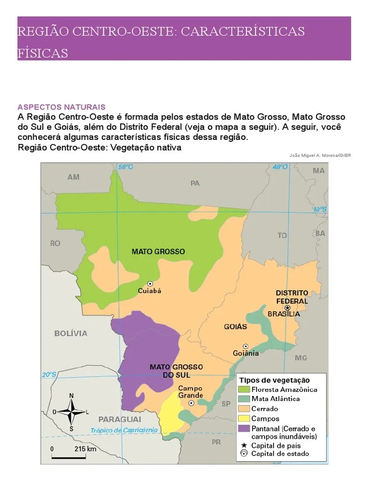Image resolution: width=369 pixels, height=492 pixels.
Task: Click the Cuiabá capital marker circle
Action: click(150, 283)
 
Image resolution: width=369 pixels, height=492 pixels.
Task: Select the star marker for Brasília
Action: click(287, 307)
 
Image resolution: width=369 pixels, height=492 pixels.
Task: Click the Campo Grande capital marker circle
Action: click(191, 403)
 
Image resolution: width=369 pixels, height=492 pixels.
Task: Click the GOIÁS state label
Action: click(235, 327)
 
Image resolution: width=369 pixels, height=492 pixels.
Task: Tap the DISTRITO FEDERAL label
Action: click(292, 296)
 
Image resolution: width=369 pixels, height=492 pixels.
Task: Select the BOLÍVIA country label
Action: click(71, 333)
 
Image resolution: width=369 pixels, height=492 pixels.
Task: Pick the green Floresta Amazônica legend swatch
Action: click(244, 390)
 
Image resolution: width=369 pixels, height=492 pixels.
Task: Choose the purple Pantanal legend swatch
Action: click(244, 428)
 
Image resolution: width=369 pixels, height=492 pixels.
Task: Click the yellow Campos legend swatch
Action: click(244, 418)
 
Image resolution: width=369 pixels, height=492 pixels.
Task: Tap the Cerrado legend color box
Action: click(244, 409)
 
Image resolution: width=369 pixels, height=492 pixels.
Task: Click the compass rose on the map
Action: click(71, 412)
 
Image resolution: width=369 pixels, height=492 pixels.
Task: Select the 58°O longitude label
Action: click(125, 167)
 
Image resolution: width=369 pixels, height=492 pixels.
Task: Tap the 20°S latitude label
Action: click(49, 375)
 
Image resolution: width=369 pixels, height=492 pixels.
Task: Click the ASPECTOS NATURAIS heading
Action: click(61, 107)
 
